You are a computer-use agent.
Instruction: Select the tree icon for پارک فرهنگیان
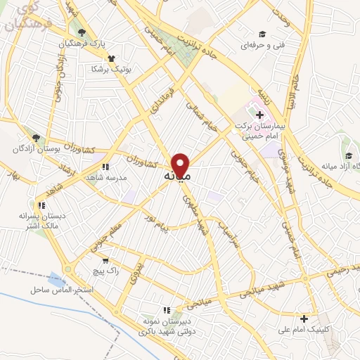[82, 32]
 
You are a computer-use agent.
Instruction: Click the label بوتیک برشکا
[92, 69]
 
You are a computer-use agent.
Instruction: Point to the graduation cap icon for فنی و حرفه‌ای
[262, 34]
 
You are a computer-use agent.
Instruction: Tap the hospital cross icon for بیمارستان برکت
[259, 113]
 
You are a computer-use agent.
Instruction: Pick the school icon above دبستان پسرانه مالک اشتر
[41, 206]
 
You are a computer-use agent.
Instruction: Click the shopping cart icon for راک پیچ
[104, 259]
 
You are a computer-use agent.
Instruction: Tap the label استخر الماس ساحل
[58, 290]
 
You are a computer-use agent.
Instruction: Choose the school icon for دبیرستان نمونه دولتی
[167, 309]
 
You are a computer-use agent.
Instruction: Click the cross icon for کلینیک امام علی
[304, 318]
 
